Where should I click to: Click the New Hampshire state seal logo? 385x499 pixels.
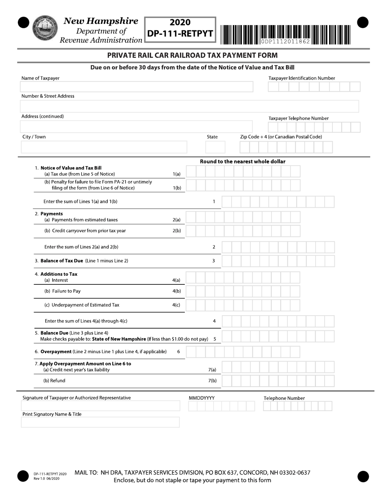click(x=45, y=28)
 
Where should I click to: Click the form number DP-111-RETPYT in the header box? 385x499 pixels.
click(x=180, y=34)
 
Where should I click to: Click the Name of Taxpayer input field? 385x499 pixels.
click(x=136, y=87)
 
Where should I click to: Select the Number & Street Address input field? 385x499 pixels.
click(x=189, y=106)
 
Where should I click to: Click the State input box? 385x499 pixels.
click(x=215, y=147)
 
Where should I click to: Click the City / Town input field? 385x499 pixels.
click(x=104, y=147)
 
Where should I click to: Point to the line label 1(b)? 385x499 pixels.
click(x=177, y=188)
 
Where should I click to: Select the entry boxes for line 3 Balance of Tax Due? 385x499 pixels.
click(x=278, y=261)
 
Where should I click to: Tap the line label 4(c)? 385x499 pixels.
click(x=176, y=305)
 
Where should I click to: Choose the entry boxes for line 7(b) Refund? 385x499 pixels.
click(x=278, y=381)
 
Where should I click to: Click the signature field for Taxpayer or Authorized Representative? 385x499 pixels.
click(x=101, y=406)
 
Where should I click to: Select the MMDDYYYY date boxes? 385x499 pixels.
click(x=221, y=406)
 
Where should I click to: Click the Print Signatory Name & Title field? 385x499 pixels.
click(x=100, y=422)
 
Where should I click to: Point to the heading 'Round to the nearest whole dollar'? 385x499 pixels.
click(x=242, y=161)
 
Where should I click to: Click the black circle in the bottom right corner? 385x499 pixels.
click(x=363, y=476)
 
